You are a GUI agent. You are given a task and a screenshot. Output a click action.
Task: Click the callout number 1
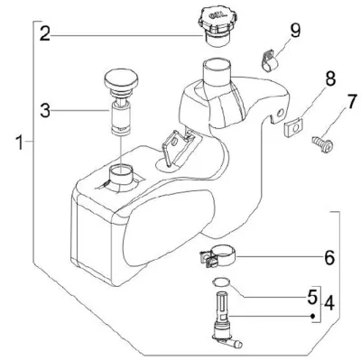coord(20,142)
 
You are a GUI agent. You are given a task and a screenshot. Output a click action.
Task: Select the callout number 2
coord(45,33)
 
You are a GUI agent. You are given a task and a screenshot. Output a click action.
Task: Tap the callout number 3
coord(45,110)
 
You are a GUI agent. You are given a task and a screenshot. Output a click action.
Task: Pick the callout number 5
coord(312,296)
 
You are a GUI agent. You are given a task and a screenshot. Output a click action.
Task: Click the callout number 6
coord(329,257)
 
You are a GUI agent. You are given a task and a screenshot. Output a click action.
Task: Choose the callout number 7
coord(350,102)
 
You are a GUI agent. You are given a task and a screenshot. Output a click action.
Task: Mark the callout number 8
coord(330,78)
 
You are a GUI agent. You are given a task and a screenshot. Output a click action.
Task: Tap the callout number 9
coord(295,31)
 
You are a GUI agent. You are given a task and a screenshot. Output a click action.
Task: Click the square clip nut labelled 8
coord(293,127)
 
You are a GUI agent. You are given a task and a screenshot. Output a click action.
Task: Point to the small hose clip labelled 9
coord(269,60)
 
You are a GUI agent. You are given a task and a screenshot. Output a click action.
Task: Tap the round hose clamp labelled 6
coord(218,256)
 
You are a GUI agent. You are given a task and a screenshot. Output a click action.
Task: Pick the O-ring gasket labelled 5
coord(221,282)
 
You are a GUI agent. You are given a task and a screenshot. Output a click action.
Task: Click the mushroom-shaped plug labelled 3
coord(121,102)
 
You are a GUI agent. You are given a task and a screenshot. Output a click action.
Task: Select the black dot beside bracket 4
coord(312,316)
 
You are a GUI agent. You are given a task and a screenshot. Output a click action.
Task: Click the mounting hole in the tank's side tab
coord(281,114)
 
